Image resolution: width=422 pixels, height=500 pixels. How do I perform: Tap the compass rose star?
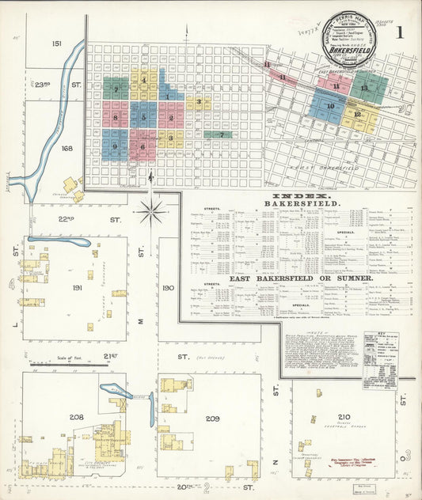151,211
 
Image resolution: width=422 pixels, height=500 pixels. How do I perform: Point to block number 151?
55,43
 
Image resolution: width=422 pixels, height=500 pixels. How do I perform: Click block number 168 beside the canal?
55,148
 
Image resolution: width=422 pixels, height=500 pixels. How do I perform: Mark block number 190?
167,288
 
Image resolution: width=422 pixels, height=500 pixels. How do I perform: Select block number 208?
77,416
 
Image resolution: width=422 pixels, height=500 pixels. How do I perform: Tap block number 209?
212,418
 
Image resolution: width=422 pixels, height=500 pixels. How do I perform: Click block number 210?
343,416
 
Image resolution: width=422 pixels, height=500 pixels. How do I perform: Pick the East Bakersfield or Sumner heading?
301,278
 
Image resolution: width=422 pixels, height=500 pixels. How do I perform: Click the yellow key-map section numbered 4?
143,78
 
